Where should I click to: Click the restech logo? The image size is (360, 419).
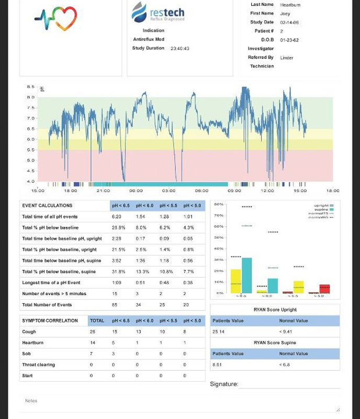point(158,12)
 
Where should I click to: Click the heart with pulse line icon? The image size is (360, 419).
point(56,19)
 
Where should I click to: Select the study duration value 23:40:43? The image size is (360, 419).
point(179,49)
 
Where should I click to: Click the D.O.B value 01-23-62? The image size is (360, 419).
point(289,40)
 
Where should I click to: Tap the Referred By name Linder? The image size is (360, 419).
point(287,58)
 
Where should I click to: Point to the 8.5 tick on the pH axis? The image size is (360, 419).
point(31,87)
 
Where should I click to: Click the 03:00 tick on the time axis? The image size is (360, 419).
point(168,191)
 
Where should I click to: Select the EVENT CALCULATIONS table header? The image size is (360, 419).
point(48,205)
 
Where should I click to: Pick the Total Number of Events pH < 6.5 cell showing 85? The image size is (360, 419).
point(115,304)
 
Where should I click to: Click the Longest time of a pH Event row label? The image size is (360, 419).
point(51,282)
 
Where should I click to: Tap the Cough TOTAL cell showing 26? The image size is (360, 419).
point(93,332)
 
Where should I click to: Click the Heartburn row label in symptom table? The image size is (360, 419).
point(32,343)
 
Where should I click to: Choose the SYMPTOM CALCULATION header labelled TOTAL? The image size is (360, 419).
point(97,321)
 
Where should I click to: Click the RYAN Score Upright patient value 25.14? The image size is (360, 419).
point(218,332)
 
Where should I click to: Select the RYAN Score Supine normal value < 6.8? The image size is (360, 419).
point(286,365)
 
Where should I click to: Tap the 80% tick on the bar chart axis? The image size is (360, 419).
point(219,204)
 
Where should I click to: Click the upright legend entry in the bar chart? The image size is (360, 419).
point(321,206)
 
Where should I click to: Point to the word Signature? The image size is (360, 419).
point(224,384)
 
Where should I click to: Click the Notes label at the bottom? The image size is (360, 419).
point(31,401)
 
